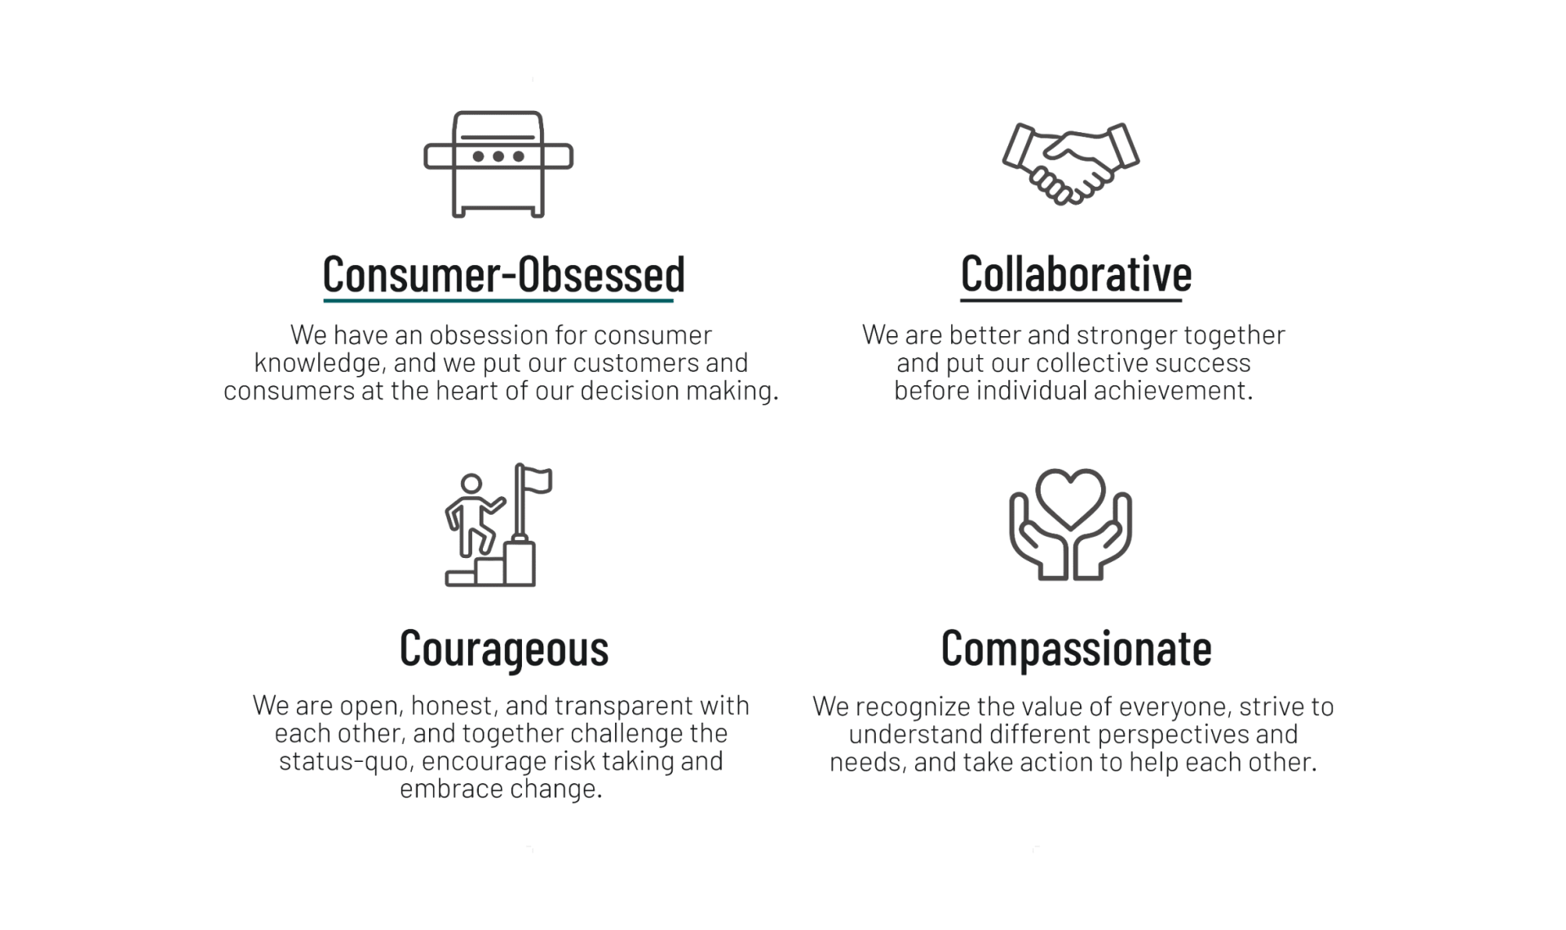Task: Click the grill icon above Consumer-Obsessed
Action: click(498, 164)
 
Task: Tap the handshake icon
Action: click(1070, 163)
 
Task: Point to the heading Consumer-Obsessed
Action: click(503, 274)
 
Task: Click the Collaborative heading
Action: click(1076, 273)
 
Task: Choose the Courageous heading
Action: click(504, 649)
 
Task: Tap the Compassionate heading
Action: click(1076, 649)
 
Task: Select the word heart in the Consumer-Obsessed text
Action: click(466, 391)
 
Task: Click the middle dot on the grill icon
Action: click(498, 156)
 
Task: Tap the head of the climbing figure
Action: click(471, 484)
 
